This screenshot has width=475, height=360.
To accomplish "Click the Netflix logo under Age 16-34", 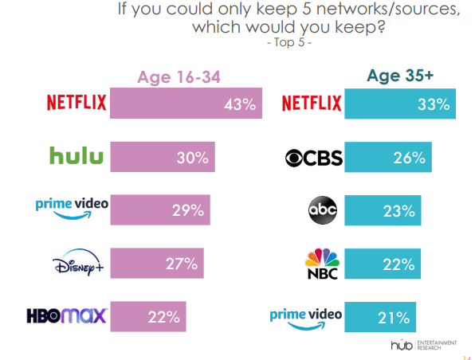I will [x=77, y=104].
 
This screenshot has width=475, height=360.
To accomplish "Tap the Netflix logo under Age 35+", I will [x=312, y=104].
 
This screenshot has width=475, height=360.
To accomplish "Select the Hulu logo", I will [x=77, y=155].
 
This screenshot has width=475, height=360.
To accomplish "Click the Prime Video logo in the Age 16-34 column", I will [x=72, y=209].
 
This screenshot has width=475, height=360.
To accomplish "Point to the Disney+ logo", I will [x=77, y=263].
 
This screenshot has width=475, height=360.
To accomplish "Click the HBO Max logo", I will [x=73, y=316].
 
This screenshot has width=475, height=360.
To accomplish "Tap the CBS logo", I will [x=313, y=158].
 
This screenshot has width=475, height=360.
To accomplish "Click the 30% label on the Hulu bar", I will [x=192, y=158].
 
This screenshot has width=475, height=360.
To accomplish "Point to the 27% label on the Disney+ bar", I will [x=184, y=264].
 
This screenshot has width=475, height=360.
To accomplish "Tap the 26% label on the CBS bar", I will [x=410, y=158].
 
